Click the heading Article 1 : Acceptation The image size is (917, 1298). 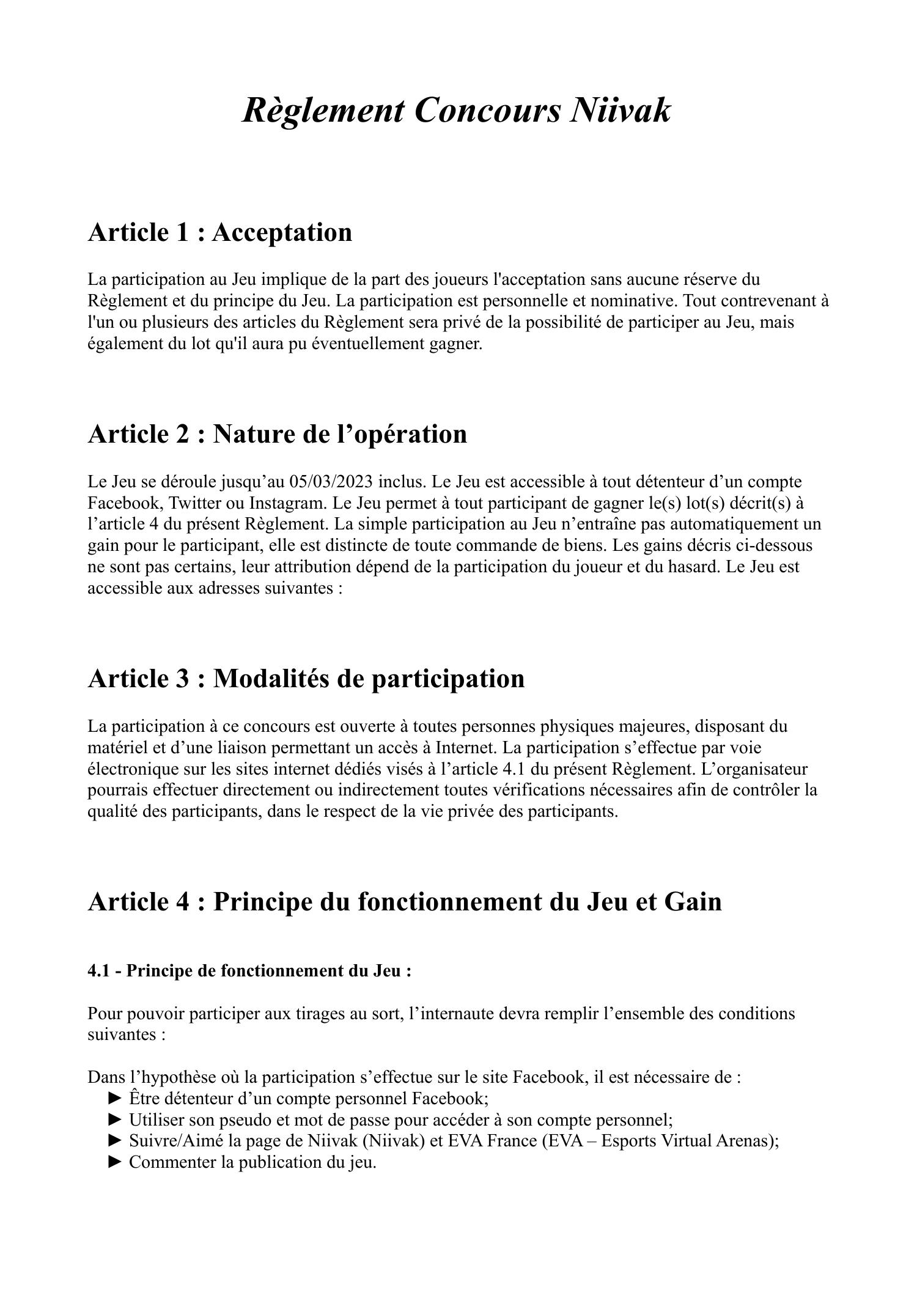(x=220, y=233)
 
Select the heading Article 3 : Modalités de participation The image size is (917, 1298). (x=306, y=679)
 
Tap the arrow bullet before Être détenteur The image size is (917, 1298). (x=115, y=1099)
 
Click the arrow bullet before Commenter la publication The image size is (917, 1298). (x=115, y=1162)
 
